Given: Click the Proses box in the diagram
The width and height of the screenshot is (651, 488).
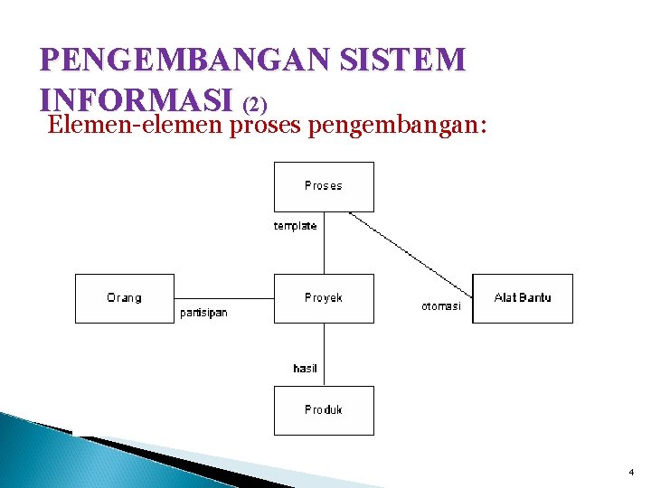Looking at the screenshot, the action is pos(324,186).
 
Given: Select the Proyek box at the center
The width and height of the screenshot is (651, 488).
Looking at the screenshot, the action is pos(324,298).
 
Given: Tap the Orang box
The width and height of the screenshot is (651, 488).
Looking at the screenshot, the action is pos(124,298).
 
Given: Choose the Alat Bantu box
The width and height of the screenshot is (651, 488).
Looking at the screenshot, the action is pos(523,298).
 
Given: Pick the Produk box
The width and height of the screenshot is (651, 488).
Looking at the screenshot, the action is pos(324,410).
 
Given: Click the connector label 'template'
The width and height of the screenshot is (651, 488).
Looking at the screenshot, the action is pos(296,226).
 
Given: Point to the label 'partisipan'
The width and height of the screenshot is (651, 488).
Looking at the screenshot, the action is pos(203,313).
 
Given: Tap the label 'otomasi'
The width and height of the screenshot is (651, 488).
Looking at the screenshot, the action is pos(441,306).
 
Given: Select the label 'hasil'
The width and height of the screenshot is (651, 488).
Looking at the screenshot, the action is pos(305,368).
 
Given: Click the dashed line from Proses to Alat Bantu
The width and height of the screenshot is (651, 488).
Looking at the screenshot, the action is pos(411,255).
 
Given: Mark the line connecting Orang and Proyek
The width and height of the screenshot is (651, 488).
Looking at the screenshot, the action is pos(223,298).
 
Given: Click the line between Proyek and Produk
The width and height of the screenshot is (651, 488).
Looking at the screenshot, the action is pos(325,354).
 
